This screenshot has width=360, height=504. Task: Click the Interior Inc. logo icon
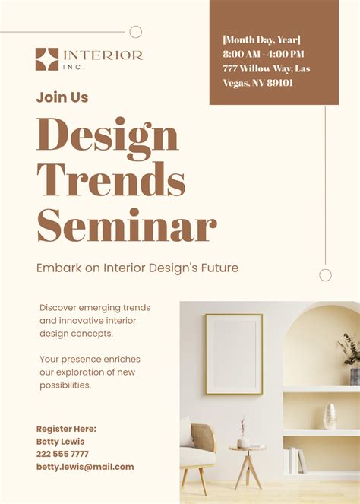coord(46,59)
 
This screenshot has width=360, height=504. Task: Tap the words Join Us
coord(62,97)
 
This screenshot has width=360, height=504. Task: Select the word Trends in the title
coord(111,181)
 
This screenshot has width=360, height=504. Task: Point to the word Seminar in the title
coord(126,226)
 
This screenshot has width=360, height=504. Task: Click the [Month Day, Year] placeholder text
coord(261,40)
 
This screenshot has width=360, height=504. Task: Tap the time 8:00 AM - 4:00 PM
coord(264,54)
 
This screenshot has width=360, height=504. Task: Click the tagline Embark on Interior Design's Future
coord(137,268)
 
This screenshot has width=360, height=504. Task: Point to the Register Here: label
coord(66,429)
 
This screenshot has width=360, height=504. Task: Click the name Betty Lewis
coord(61,442)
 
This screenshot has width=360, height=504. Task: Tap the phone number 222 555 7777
coord(62,454)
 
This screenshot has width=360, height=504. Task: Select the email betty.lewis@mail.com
coord(84,467)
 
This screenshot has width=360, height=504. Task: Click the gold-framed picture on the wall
coord(233,353)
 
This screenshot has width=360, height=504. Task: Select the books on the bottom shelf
coord(294,461)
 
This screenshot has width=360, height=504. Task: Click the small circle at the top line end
coord(136,32)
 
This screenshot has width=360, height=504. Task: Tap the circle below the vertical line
coord(325,275)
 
